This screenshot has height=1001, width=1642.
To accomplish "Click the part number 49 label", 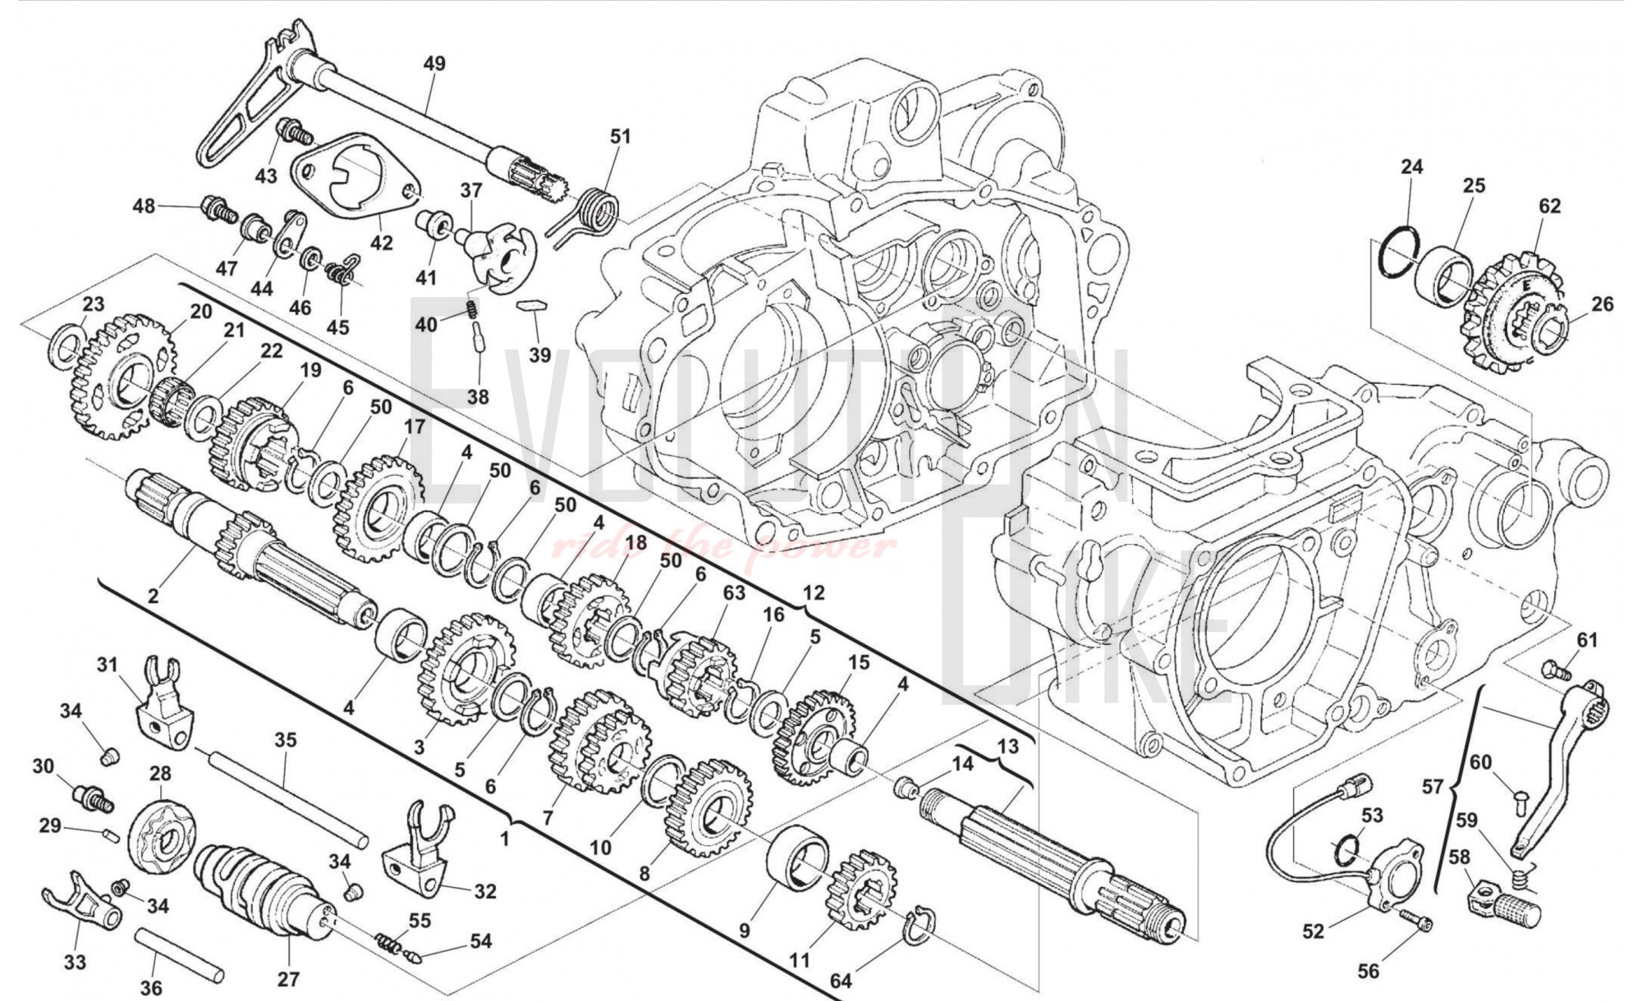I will pyautogui.click(x=434, y=63).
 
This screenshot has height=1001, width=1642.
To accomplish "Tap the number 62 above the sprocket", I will pyautogui.click(x=1549, y=206).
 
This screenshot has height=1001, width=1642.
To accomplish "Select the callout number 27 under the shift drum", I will pyautogui.click(x=288, y=979).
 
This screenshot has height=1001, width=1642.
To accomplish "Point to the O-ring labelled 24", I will pyautogui.click(x=1399, y=250).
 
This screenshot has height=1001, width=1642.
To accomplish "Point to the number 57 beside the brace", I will pyautogui.click(x=1432, y=787).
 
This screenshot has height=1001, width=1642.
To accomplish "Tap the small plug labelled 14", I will pyautogui.click(x=906, y=788).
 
